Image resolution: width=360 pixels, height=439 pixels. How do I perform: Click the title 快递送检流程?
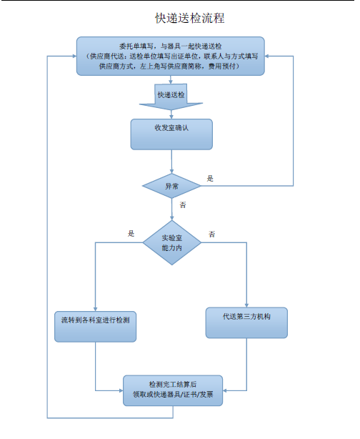click(x=190, y=18)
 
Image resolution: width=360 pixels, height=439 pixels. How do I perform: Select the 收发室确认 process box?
click(x=171, y=134)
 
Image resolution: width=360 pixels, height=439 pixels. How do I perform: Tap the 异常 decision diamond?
click(x=171, y=186)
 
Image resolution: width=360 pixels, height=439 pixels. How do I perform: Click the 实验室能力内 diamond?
click(x=171, y=242)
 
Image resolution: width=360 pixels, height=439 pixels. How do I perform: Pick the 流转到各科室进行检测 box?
click(x=96, y=327)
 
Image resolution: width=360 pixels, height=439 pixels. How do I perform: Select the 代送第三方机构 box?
click(x=246, y=322)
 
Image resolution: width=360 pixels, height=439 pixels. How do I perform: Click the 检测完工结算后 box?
click(x=173, y=390)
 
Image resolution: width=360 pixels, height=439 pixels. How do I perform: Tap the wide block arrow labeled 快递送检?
click(x=171, y=97)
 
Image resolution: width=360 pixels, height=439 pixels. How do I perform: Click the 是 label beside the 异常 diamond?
click(x=210, y=179)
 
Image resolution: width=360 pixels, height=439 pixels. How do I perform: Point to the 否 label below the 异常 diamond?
click(x=183, y=205)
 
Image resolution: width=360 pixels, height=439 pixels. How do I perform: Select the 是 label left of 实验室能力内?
click(x=131, y=234)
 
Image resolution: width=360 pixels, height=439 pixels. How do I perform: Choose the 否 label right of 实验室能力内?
click(x=211, y=234)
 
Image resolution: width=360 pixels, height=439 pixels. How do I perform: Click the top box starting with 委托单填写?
click(x=171, y=56)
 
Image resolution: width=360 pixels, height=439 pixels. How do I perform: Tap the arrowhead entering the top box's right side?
click(x=267, y=56)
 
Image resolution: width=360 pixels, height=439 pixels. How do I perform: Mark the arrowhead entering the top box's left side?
click(x=74, y=56)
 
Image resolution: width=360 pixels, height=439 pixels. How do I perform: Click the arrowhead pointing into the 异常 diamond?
click(x=171, y=172)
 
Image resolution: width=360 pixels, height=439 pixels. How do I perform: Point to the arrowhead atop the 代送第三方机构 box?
click(x=246, y=305)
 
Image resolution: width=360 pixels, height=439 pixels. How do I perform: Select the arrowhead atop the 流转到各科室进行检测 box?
click(x=96, y=309)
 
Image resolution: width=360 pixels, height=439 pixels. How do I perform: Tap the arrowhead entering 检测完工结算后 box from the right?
click(x=225, y=390)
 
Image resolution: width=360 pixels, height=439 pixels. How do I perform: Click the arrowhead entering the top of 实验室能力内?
click(x=171, y=218)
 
